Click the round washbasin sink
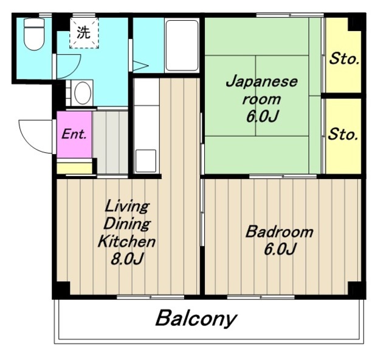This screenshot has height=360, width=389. coord(81,93)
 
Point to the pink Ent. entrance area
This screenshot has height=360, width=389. coord(74,134)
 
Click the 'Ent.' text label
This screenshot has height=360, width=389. coord(74,134)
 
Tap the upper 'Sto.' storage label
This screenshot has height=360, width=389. coord(344,59)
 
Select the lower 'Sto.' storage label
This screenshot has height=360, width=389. coord(343,134)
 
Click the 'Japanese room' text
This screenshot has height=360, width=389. coord(261,90)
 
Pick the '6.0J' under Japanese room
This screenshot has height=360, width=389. coord(262,116)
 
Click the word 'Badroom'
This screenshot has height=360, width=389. coord(279,232)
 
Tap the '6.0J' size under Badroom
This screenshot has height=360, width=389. coord(279,249)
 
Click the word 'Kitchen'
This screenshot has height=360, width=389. coord(127,242)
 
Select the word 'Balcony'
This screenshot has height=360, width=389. coord(196,318)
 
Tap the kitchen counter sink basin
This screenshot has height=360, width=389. coord(146,160)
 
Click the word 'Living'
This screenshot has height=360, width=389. coord(126,206)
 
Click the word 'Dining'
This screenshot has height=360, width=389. coord(126,223)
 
